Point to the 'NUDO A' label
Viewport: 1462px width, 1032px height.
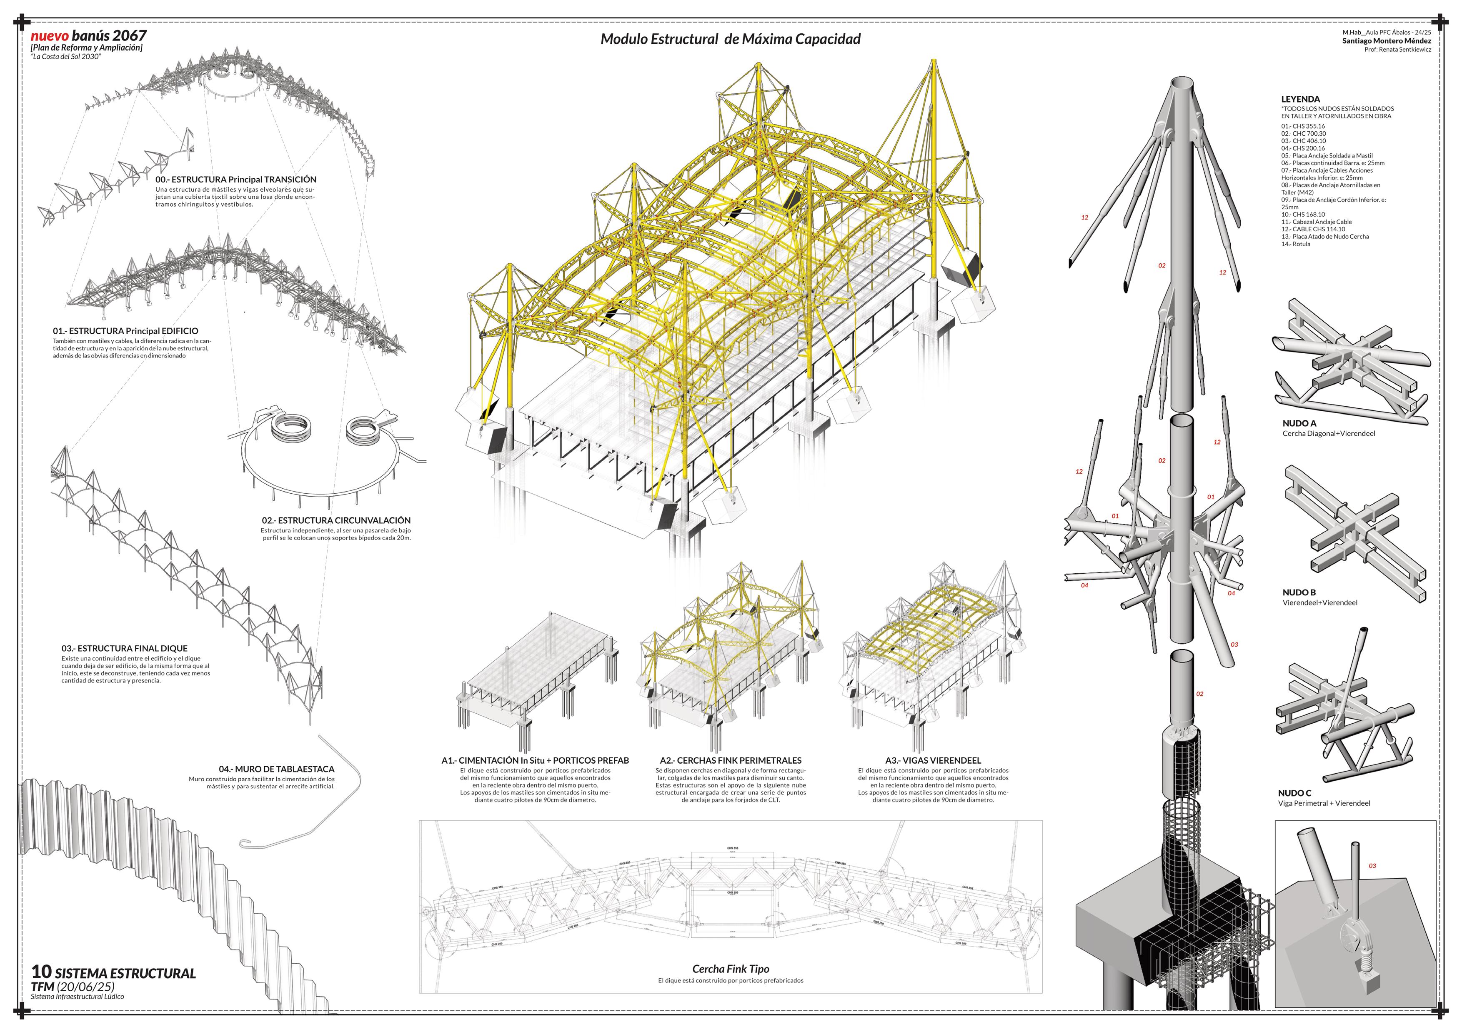[x=1299, y=423]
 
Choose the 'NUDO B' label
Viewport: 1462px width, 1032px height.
[x=1299, y=592]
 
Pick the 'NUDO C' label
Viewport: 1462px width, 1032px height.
[x=1294, y=793]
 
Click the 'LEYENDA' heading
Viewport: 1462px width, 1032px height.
[x=1300, y=99]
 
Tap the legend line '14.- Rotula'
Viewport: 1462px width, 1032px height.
[x=1296, y=244]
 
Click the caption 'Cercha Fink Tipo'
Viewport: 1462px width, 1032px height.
[x=730, y=969]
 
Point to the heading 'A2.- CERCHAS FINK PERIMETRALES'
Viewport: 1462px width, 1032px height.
[x=730, y=760]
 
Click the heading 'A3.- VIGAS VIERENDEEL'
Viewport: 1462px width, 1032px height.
[x=933, y=760]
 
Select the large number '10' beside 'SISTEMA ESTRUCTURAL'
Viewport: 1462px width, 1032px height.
[x=41, y=972]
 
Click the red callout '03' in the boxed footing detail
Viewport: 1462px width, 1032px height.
[x=1372, y=866]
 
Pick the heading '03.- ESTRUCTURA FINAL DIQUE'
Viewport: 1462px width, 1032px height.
[x=125, y=649]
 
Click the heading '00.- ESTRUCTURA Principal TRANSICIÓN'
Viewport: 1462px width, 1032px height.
[x=235, y=180]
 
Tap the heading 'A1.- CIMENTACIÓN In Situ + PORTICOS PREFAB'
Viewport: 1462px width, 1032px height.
[x=535, y=760]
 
